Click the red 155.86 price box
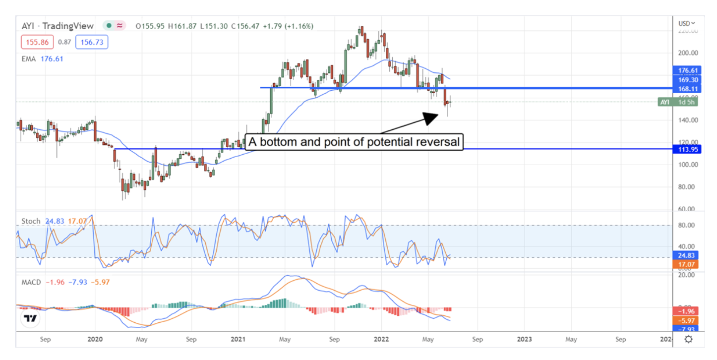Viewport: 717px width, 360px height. pyautogui.click(x=37, y=43)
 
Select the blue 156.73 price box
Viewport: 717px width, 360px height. pyautogui.click(x=92, y=43)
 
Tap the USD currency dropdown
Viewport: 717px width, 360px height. pyautogui.click(x=687, y=23)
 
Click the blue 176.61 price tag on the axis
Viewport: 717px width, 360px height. pyautogui.click(x=687, y=70)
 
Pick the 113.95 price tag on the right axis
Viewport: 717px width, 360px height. pyautogui.click(x=687, y=149)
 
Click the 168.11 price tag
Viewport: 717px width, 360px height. pyautogui.click(x=687, y=89)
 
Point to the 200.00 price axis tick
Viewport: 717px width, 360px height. pyautogui.click(x=688, y=53)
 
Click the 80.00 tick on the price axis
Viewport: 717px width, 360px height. pyautogui.click(x=688, y=187)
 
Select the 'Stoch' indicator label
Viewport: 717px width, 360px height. pyautogui.click(x=31, y=221)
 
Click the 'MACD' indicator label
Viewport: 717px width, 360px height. pyautogui.click(x=31, y=282)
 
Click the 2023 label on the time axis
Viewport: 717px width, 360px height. pyautogui.click(x=524, y=340)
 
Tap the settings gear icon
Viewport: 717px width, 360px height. pyautogui.click(x=688, y=339)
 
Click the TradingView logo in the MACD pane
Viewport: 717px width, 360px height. pyautogui.click(x=31, y=318)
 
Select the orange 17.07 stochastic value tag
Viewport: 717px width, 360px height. pyautogui.click(x=687, y=264)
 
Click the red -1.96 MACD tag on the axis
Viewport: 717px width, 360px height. pyautogui.click(x=687, y=311)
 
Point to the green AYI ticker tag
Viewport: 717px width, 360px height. pyautogui.click(x=664, y=102)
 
